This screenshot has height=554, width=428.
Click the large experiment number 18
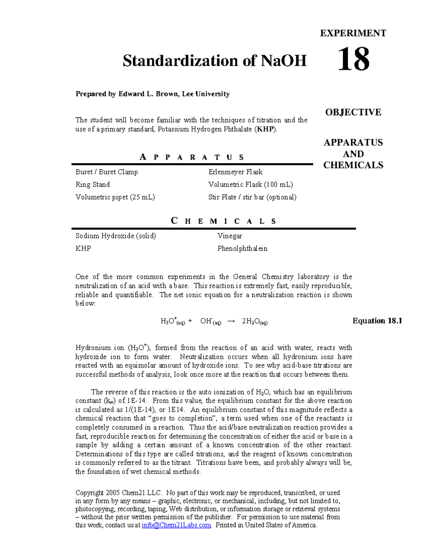coord(353,60)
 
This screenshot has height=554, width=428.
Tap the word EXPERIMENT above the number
coord(353,33)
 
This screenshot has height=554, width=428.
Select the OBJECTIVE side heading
coord(353,112)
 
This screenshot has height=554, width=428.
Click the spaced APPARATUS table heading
coord(192,157)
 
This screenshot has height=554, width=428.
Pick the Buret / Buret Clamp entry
coord(107,172)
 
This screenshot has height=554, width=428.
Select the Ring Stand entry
coord(92,184)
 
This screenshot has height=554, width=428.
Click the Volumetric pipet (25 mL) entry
coord(115,197)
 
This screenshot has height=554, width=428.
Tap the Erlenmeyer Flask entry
coord(235,172)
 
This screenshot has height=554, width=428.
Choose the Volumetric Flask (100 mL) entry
coord(250,184)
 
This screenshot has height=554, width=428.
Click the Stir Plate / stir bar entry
coord(252,197)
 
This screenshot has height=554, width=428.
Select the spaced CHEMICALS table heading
coord(224,221)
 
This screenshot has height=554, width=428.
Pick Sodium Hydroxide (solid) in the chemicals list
coord(116,236)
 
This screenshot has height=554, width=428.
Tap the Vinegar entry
coord(230,236)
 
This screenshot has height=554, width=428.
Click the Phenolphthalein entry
coord(242,249)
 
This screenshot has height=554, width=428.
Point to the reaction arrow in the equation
coord(231,321)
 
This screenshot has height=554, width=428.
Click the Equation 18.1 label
coord(377,321)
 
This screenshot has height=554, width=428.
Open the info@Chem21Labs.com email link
coord(176,525)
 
